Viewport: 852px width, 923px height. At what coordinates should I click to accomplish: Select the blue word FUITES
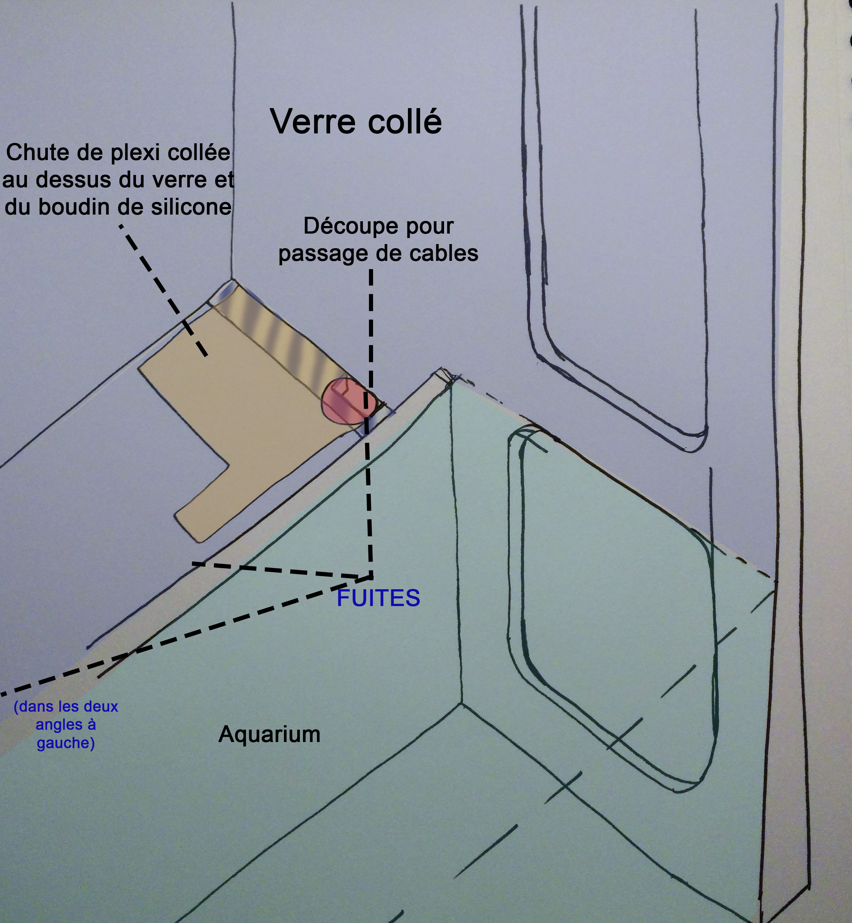coord(378,598)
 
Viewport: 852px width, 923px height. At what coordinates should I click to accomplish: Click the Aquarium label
coord(269,734)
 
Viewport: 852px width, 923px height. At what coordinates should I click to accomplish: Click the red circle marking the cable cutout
coord(349,401)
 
